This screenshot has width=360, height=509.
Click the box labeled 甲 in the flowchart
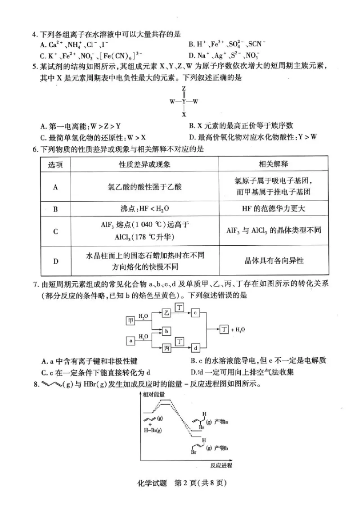coord(130,320)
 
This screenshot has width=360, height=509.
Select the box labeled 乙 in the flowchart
coord(166,312)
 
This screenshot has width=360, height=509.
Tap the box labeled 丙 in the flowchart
coord(166,348)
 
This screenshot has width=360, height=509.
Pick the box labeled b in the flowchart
coord(166,331)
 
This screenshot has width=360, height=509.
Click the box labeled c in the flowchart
coord(195,312)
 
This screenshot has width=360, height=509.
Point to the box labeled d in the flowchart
coord(195,348)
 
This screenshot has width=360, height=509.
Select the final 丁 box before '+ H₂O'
coord(224,330)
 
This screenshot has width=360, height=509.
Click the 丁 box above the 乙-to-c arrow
coord(180,307)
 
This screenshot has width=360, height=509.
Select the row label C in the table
coord(55,231)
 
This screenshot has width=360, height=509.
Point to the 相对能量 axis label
coord(153,394)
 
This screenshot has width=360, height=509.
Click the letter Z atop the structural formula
coord(184,89)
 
